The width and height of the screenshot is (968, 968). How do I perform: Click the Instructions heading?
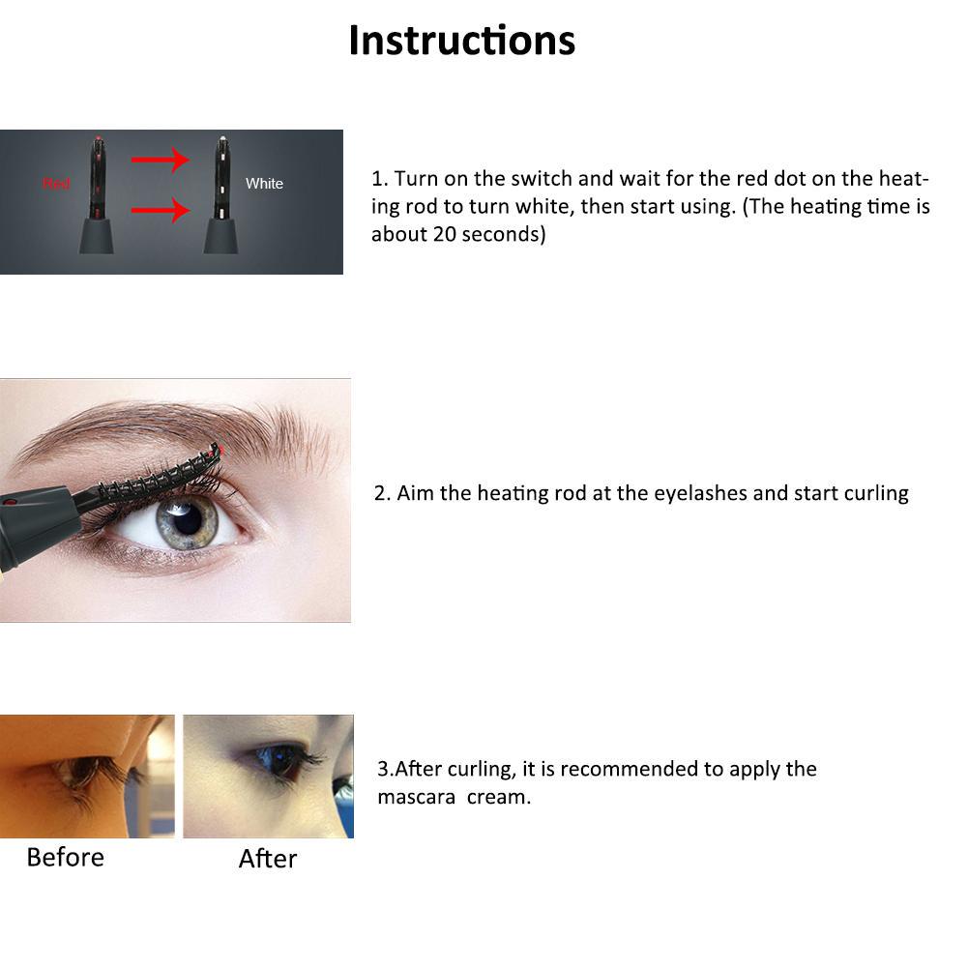(x=461, y=41)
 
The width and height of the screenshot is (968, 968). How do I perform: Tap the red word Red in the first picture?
(x=56, y=184)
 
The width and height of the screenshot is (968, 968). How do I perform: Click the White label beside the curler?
(x=264, y=184)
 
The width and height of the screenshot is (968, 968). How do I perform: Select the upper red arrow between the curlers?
(x=160, y=159)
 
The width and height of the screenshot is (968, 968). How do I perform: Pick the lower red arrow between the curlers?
(x=160, y=208)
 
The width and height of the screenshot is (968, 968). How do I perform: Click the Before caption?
(x=65, y=857)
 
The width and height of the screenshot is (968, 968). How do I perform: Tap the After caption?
(x=268, y=859)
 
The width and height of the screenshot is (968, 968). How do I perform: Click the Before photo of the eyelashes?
(x=87, y=776)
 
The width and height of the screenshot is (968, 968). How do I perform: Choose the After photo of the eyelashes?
(x=268, y=776)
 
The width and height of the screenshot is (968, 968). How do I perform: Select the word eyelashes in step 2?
(x=700, y=493)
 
